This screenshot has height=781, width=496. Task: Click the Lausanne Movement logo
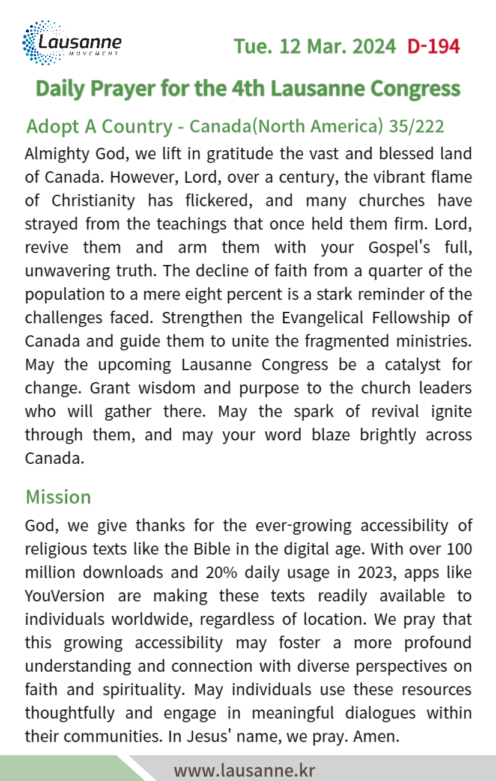coord(71,43)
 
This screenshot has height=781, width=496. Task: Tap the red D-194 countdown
coord(433,46)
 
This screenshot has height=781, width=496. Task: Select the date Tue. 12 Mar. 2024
coord(315,46)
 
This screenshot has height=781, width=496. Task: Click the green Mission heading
coord(58,497)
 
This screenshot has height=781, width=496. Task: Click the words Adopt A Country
coord(99,127)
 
